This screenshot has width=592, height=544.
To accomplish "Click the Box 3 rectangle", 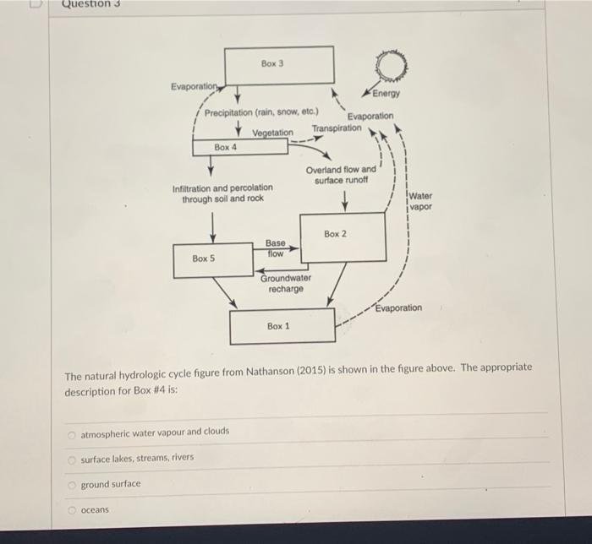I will [x=278, y=65].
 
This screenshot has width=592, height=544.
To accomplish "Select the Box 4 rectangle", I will [x=227, y=147].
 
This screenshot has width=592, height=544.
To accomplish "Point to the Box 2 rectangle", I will [x=336, y=237].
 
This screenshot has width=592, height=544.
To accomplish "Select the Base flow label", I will [x=275, y=248].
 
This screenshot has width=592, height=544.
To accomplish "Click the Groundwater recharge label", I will [x=286, y=283].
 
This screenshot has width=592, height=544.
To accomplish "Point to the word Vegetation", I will [x=272, y=133].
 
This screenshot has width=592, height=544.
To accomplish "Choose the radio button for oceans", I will [x=73, y=510].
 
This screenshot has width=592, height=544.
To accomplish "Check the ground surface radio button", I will [x=73, y=485].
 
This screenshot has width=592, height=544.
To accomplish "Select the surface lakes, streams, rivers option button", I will [x=73, y=459].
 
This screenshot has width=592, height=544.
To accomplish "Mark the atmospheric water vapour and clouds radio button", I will [x=73, y=432].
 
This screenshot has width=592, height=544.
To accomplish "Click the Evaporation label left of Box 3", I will [x=196, y=87].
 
